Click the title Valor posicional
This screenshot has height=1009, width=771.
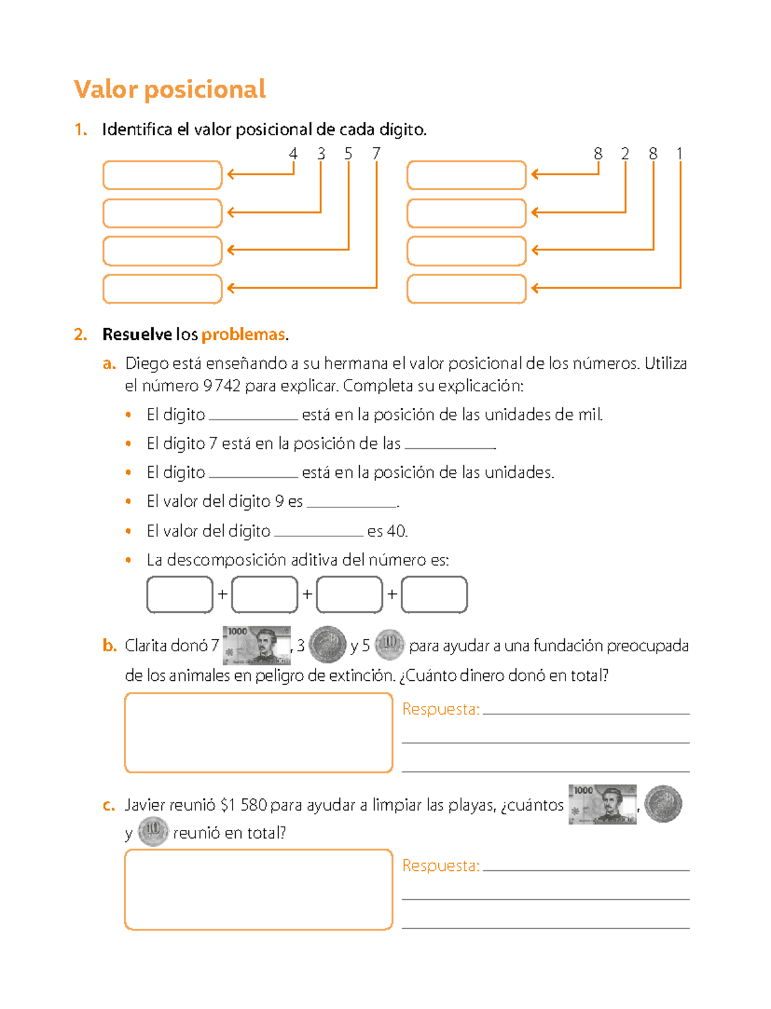(x=170, y=89)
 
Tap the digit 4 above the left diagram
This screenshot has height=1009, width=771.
(x=293, y=154)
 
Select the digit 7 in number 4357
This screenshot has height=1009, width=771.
(x=376, y=154)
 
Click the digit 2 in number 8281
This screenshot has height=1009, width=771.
(x=625, y=154)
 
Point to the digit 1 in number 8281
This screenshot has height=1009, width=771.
(x=679, y=154)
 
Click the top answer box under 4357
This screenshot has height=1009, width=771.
(x=162, y=175)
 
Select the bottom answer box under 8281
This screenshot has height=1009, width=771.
(x=466, y=288)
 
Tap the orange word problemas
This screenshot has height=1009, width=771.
(x=243, y=335)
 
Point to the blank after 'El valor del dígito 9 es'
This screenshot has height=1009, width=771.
(x=352, y=502)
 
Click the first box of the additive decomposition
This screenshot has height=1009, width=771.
(x=180, y=594)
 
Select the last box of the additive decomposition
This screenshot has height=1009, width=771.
(x=434, y=594)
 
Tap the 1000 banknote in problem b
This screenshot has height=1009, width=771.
(x=256, y=645)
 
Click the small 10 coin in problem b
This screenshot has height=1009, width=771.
(x=389, y=644)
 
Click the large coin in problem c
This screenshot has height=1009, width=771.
(x=663, y=803)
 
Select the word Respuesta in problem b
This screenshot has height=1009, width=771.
(x=441, y=709)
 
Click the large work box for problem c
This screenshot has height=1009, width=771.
(x=258, y=890)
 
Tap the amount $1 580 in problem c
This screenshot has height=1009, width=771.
(x=243, y=805)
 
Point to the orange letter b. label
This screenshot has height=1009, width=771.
(x=109, y=645)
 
